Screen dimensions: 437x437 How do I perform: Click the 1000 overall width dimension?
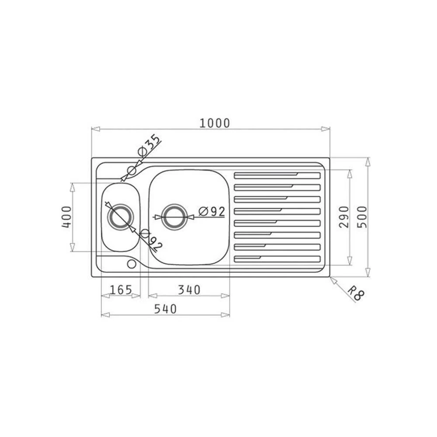coord(215,123)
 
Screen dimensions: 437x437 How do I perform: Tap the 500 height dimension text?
coord(362,217)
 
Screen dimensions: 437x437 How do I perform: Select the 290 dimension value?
coord(344,217)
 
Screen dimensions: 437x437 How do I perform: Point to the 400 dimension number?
coord(66,217)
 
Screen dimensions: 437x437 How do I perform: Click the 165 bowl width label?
coord(121,290)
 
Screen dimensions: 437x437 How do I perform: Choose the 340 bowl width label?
coord(189,290)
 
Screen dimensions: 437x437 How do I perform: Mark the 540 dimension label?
coord(166,309)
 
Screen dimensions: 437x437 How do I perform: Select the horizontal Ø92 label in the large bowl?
coord(212,212)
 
